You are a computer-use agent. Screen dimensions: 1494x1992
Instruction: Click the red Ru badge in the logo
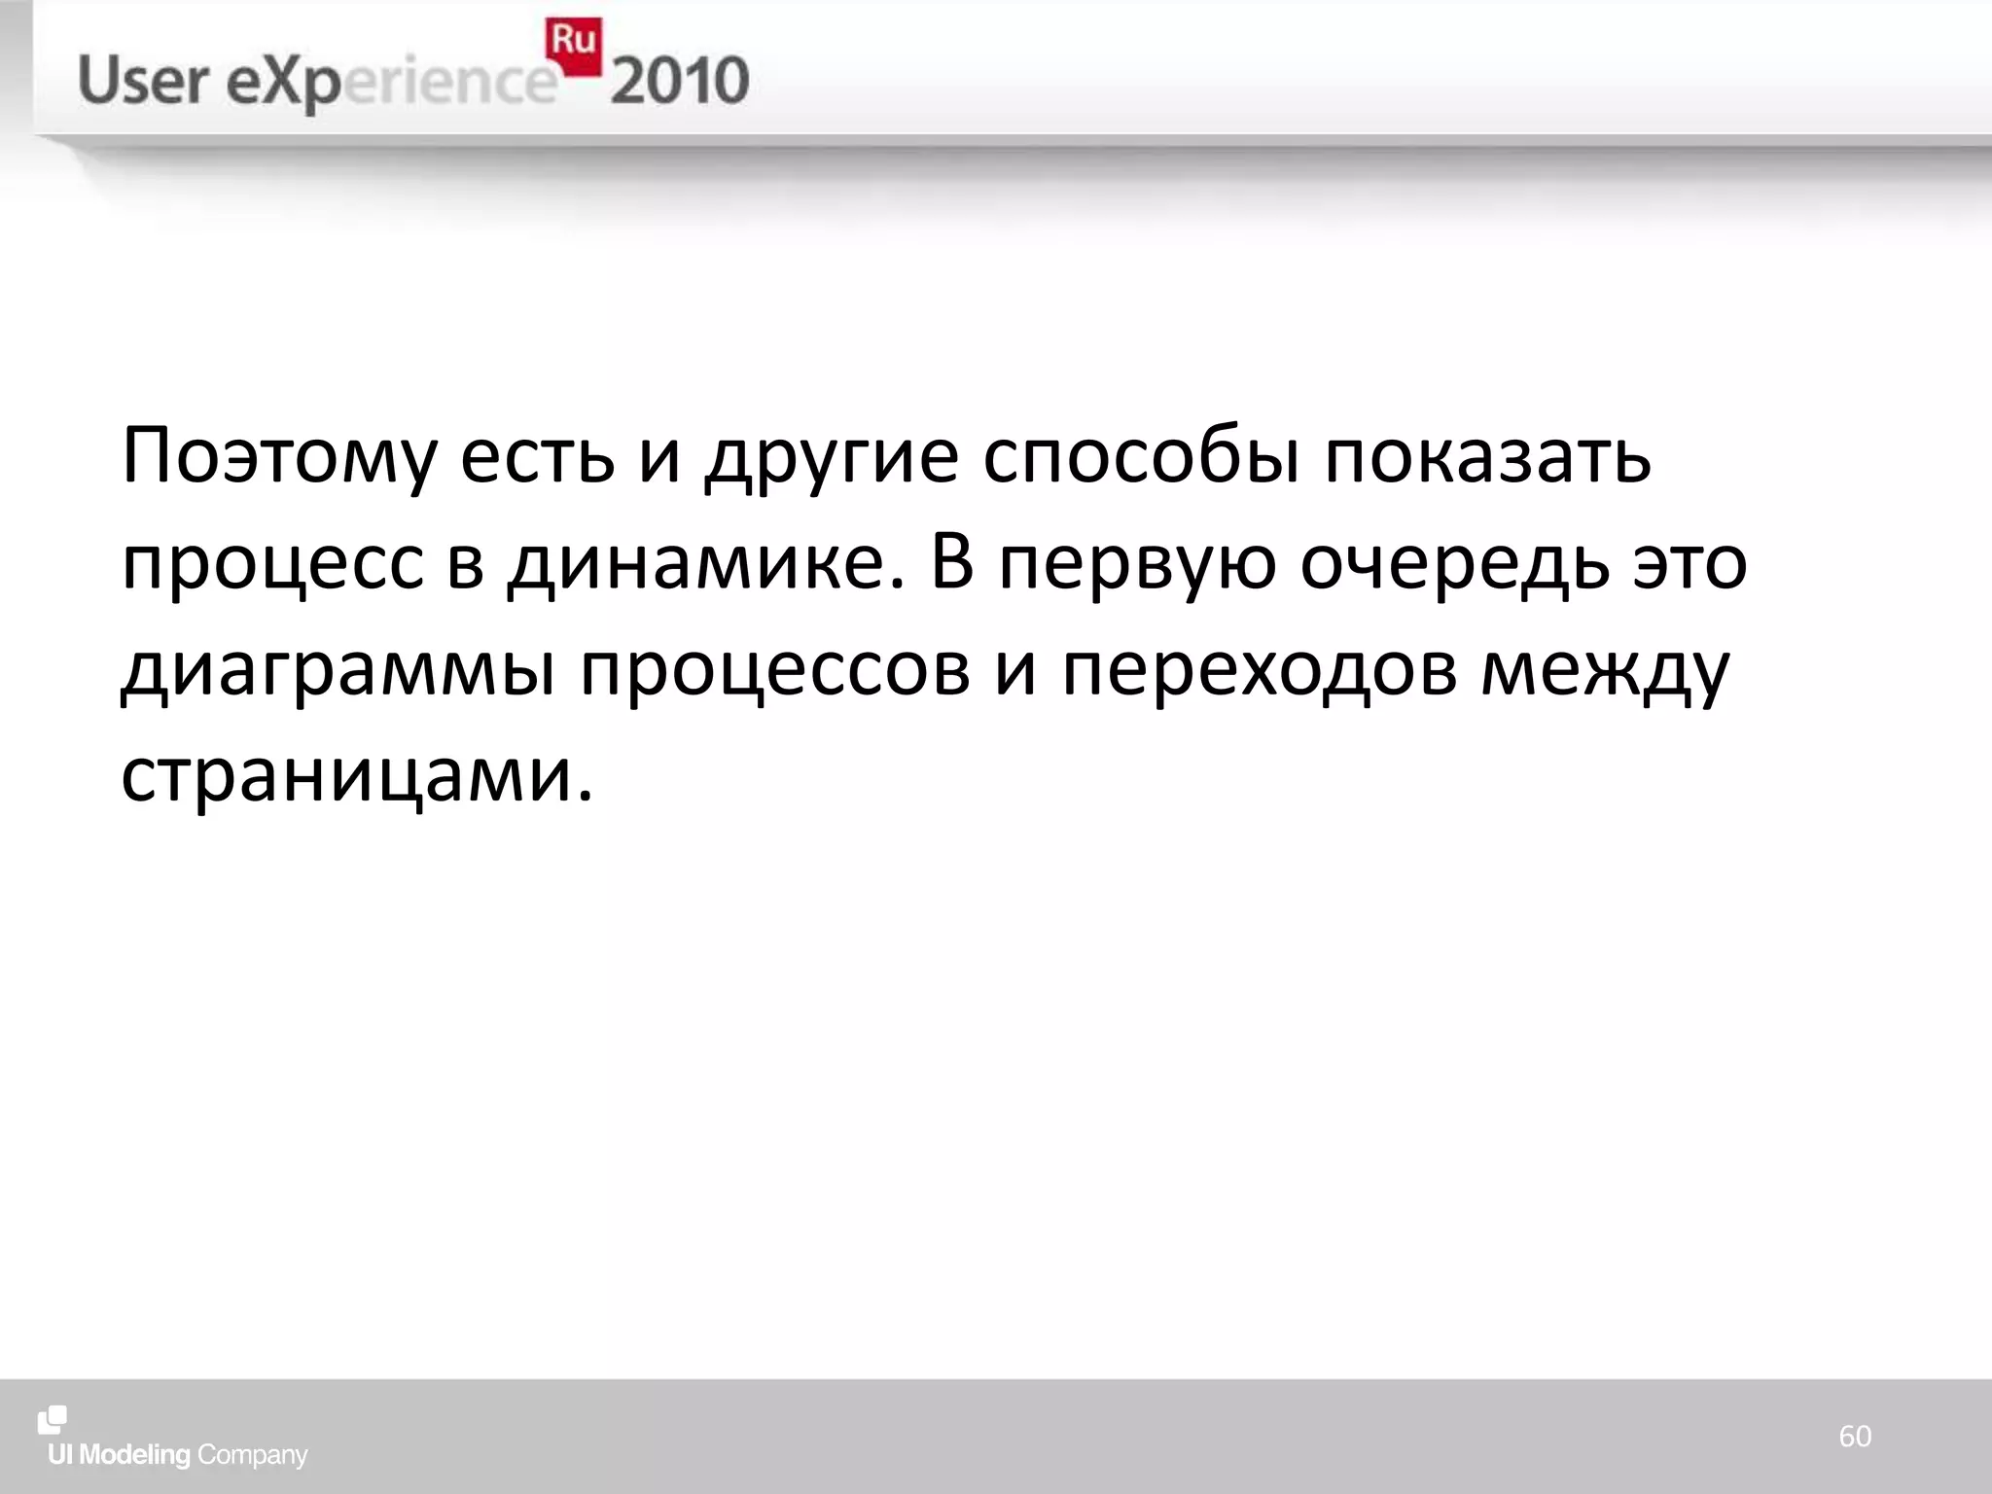(x=574, y=45)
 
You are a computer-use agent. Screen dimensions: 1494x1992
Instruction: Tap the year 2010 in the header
(x=680, y=82)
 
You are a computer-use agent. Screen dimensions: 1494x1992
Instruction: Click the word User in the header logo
(x=143, y=82)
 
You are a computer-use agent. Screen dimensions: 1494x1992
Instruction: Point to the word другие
(x=833, y=457)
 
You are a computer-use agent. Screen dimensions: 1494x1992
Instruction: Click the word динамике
(x=706, y=564)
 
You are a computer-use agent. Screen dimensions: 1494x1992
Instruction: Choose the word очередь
(x=1455, y=564)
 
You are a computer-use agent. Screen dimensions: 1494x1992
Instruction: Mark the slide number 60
(x=1855, y=1436)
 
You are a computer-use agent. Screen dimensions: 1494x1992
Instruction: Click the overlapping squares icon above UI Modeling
(x=53, y=1420)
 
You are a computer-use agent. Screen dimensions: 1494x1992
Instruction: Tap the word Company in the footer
(x=252, y=1456)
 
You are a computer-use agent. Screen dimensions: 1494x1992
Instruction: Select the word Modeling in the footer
(x=134, y=1456)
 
